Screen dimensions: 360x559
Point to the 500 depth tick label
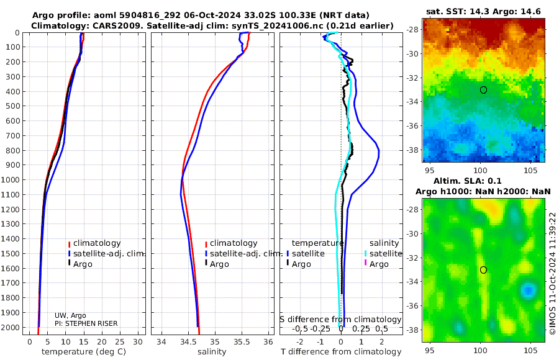[12, 106]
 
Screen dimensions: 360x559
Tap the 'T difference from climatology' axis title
[341, 352]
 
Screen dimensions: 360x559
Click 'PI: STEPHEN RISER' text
[86, 323]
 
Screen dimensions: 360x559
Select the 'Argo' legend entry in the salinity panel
[219, 264]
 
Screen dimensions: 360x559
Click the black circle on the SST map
[483, 90]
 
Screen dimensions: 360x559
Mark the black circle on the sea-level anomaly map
[483, 269]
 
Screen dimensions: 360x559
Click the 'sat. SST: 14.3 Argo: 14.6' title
[484, 11]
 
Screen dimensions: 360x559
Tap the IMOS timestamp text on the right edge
[552, 273]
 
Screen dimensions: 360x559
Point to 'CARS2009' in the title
[101, 25]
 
